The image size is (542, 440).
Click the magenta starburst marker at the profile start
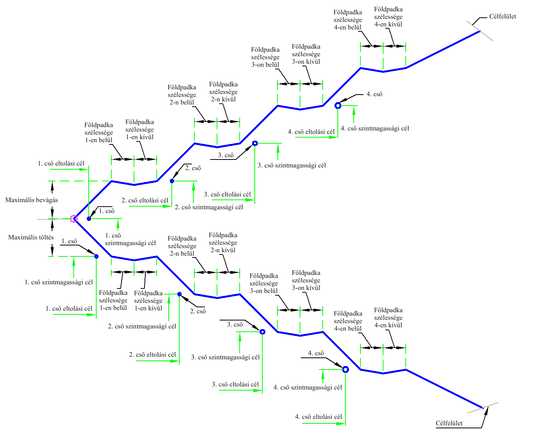(74, 219)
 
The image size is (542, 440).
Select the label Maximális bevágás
(32, 200)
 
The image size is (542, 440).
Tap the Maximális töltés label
(31, 238)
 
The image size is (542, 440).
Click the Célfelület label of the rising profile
(503, 17)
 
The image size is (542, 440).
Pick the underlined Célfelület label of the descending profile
(449, 423)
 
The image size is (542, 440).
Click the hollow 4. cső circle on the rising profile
(338, 105)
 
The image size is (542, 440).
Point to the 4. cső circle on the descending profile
(345, 369)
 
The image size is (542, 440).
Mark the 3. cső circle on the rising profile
(255, 143)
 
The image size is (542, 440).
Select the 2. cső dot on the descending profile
(179, 294)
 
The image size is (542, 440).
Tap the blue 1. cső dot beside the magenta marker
(89, 219)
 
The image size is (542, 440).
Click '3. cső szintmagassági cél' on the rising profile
(292, 166)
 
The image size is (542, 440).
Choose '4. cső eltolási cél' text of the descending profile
(318, 417)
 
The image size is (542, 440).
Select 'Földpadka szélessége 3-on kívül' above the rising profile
(306, 54)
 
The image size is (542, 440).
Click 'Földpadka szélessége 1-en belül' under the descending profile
(113, 300)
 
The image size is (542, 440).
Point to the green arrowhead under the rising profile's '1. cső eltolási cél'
(83, 169)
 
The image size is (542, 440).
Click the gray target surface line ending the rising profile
(480, 31)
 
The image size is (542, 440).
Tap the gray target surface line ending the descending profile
(483, 408)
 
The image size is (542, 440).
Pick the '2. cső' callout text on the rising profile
(193, 168)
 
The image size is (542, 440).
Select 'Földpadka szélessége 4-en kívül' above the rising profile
(388, 17)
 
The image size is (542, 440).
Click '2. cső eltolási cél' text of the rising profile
(145, 201)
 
